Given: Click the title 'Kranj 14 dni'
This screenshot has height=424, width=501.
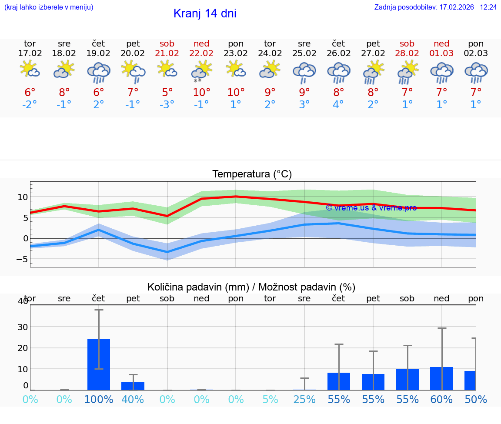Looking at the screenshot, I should click(x=205, y=13).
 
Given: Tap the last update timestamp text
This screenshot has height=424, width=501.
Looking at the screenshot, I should click(x=435, y=7).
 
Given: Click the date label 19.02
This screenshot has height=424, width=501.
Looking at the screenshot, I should click(x=99, y=53).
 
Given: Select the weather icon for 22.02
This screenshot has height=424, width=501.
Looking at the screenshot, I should click(x=201, y=70).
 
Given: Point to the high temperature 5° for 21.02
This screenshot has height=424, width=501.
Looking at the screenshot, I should click(x=167, y=92).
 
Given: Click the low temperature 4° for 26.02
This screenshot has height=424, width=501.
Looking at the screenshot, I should click(x=338, y=105).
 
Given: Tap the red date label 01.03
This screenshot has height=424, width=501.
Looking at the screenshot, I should click(x=442, y=53).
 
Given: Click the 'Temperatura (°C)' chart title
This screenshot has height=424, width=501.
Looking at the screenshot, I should click(x=252, y=174).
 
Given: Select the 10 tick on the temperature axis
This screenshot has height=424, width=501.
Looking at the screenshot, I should click(x=23, y=197).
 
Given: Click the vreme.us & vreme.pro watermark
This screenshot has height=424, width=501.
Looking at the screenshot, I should click(x=371, y=208).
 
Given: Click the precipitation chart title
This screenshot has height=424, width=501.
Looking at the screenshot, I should click(x=251, y=287).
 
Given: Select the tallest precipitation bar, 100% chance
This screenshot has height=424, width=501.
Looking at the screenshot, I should click(x=99, y=364).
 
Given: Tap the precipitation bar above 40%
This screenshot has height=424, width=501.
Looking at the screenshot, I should click(x=133, y=386).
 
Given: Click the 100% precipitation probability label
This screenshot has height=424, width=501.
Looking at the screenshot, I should click(x=99, y=399).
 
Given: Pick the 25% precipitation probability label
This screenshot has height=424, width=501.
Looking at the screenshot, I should click(x=304, y=399).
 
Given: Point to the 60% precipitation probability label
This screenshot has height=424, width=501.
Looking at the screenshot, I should click(x=442, y=399).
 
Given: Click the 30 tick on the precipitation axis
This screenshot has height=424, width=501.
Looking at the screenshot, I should click(x=23, y=327).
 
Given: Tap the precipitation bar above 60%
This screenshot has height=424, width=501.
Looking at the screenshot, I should click(x=441, y=378).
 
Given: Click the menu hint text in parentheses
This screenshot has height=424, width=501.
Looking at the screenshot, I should click(x=49, y=7).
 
